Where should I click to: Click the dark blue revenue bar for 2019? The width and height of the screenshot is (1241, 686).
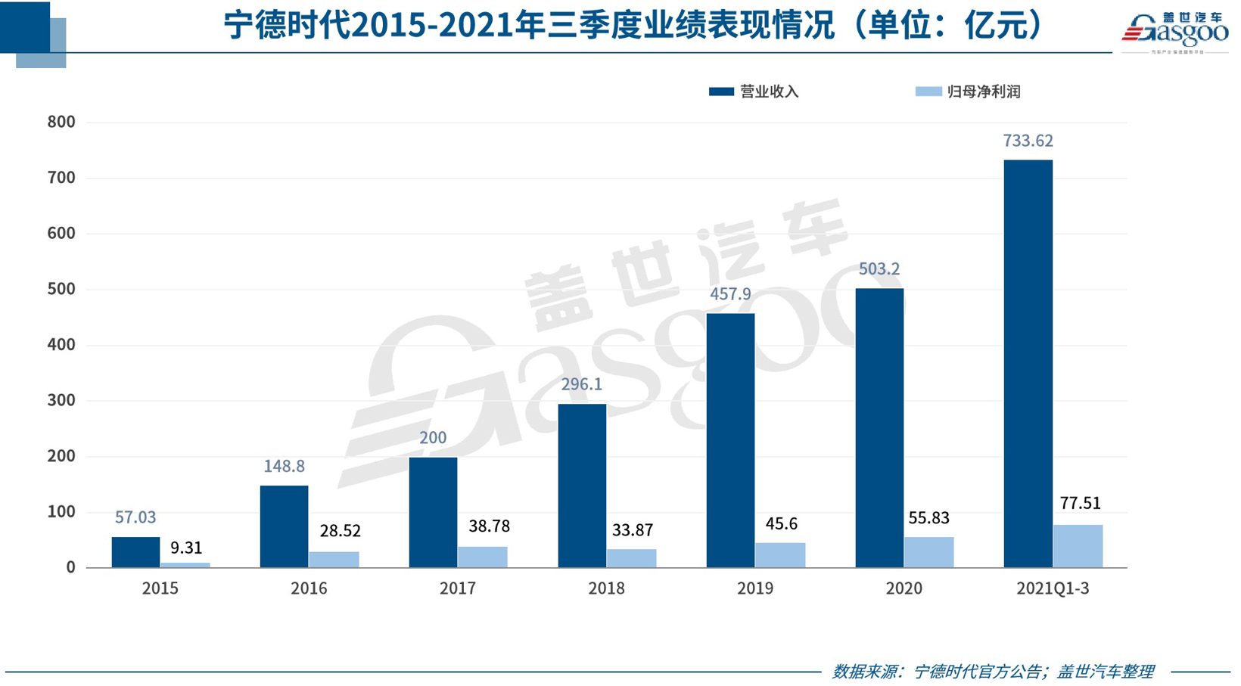pyautogui.click(x=730, y=440)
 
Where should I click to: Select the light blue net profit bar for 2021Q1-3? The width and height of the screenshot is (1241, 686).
pyautogui.click(x=1078, y=546)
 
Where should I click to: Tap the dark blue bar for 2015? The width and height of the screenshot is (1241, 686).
pyautogui.click(x=135, y=552)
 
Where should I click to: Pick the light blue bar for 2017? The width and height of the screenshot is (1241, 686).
pyautogui.click(x=482, y=557)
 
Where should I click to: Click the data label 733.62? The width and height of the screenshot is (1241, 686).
pyautogui.click(x=1028, y=141)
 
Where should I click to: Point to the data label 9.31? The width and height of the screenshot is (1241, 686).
pyautogui.click(x=185, y=548)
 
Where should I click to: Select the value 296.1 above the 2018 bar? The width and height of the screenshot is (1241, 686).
pyautogui.click(x=581, y=384)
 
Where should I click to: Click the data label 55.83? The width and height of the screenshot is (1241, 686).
pyautogui.click(x=928, y=518)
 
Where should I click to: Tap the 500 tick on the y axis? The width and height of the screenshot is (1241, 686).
pyautogui.click(x=61, y=289)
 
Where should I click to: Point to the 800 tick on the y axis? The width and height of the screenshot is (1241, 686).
pyautogui.click(x=61, y=122)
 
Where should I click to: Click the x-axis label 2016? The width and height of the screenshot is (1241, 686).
pyautogui.click(x=309, y=588)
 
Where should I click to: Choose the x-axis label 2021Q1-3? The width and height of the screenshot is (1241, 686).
pyautogui.click(x=1053, y=588)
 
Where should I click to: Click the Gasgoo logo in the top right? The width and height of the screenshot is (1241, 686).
pyautogui.click(x=1174, y=32)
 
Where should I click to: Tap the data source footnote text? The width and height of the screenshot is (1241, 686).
pyautogui.click(x=993, y=671)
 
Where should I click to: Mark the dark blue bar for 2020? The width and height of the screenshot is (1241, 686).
pyautogui.click(x=879, y=428)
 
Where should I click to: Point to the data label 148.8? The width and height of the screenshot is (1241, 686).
pyautogui.click(x=284, y=467)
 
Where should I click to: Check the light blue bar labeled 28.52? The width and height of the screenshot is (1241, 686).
pyautogui.click(x=334, y=560)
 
